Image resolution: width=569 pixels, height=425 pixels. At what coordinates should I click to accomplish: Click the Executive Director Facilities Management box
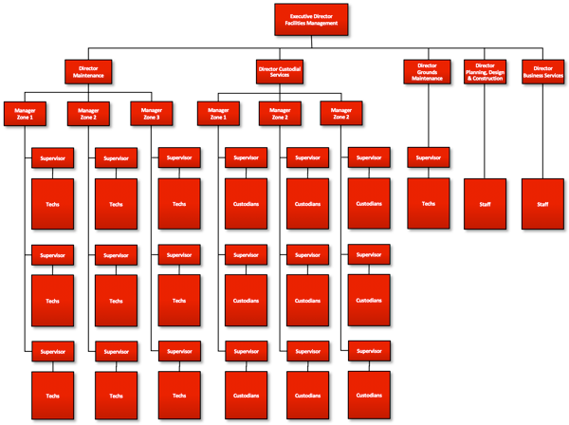tap(312, 18)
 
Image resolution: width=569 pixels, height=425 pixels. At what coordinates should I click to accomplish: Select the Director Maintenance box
tap(89, 70)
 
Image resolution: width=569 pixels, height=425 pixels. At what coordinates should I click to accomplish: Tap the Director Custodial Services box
tap(281, 70)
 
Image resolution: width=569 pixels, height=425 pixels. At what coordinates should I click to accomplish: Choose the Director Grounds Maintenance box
tap(427, 72)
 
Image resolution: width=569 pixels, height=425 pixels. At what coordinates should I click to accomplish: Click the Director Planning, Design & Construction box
tap(485, 72)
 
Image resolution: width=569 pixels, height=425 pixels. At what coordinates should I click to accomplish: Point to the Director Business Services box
tap(542, 72)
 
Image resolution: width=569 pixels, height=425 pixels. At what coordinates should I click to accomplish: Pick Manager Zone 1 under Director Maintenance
tap(25, 113)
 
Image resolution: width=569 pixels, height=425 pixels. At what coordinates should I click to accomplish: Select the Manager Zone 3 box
tap(152, 113)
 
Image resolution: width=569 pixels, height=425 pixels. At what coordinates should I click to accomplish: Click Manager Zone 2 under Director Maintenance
tap(88, 113)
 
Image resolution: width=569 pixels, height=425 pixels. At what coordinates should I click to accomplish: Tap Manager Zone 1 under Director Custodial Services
tap(218, 113)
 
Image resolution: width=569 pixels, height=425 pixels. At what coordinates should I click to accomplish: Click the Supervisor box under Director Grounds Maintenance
tap(428, 158)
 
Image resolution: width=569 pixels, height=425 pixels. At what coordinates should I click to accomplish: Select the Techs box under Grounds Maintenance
tap(428, 203)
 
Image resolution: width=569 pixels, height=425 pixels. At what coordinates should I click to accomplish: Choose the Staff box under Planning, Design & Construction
tap(485, 203)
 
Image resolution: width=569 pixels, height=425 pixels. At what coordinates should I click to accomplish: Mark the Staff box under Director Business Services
tap(542, 203)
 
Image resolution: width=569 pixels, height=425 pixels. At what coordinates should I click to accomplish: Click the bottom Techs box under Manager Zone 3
tap(179, 395)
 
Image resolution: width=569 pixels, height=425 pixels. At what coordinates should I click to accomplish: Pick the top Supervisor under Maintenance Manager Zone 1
tap(52, 158)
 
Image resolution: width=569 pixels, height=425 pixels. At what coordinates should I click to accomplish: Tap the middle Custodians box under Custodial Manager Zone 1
tap(245, 300)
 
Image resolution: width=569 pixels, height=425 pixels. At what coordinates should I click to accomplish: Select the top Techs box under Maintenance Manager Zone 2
tap(116, 204)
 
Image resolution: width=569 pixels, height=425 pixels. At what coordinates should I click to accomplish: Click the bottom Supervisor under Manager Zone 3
tap(179, 351)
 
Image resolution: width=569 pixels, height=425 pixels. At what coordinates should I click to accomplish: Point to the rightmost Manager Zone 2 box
tap(341, 113)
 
